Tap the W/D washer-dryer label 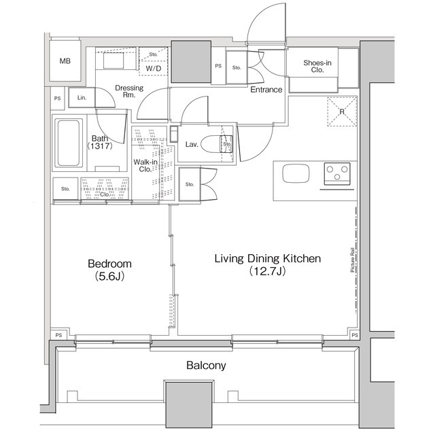click(x=153, y=68)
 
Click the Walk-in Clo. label click(x=144, y=165)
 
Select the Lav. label click(x=192, y=144)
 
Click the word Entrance click(x=266, y=90)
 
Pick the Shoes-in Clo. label click(x=318, y=66)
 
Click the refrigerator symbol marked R click(x=341, y=112)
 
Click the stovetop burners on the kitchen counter click(x=336, y=173)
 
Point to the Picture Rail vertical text click(x=352, y=260)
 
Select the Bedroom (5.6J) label click(x=109, y=269)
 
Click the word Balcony click(x=206, y=366)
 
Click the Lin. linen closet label click(x=81, y=98)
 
